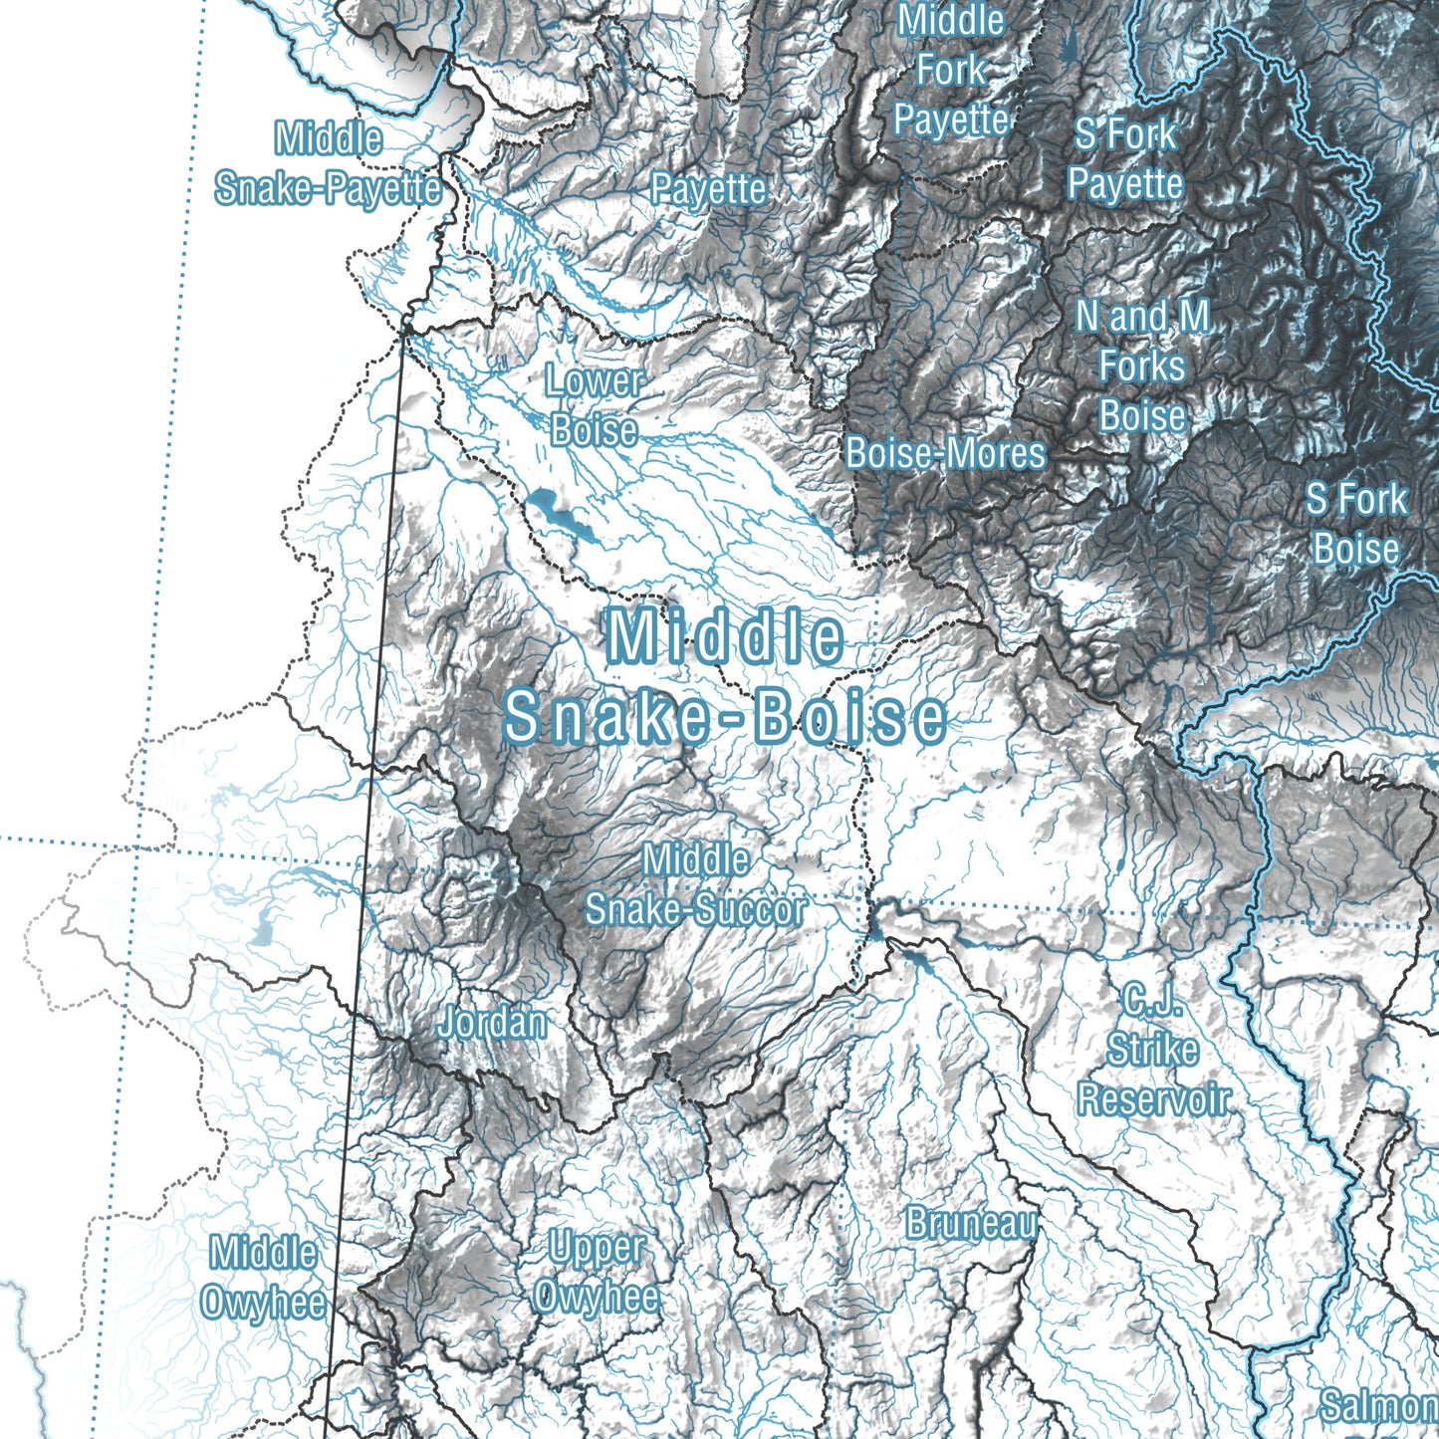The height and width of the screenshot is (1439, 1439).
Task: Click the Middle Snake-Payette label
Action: pos(328,163)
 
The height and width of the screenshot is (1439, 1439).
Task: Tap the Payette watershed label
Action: pos(708,188)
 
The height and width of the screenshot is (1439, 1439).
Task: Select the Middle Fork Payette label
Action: pos(951,70)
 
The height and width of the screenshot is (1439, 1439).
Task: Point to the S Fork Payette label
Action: pos(1125,158)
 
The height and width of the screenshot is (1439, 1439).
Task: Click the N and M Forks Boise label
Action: pos(1142,366)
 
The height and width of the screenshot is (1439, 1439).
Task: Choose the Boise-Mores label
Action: pos(945,453)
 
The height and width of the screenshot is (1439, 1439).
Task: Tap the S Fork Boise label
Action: pos(1356,524)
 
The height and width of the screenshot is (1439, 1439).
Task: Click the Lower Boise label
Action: pos(595,405)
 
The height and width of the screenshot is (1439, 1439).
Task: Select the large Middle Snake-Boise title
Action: pos(725,677)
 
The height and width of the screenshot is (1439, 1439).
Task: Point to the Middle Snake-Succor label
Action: pos(695,884)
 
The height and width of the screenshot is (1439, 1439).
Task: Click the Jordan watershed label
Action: pos(492,1022)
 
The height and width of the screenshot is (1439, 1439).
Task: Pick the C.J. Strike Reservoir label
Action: pos(1153,1050)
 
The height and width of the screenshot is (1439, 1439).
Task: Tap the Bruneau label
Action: pos(971,1223)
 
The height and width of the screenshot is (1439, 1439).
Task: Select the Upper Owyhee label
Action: pos(596,1272)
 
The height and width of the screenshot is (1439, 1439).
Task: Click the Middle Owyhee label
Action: pos(263,1277)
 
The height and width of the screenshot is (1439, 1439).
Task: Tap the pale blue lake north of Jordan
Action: pos(263,928)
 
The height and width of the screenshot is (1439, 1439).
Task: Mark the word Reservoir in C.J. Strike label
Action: pos(1154,1099)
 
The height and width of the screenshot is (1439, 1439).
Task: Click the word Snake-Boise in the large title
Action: pos(725,717)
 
